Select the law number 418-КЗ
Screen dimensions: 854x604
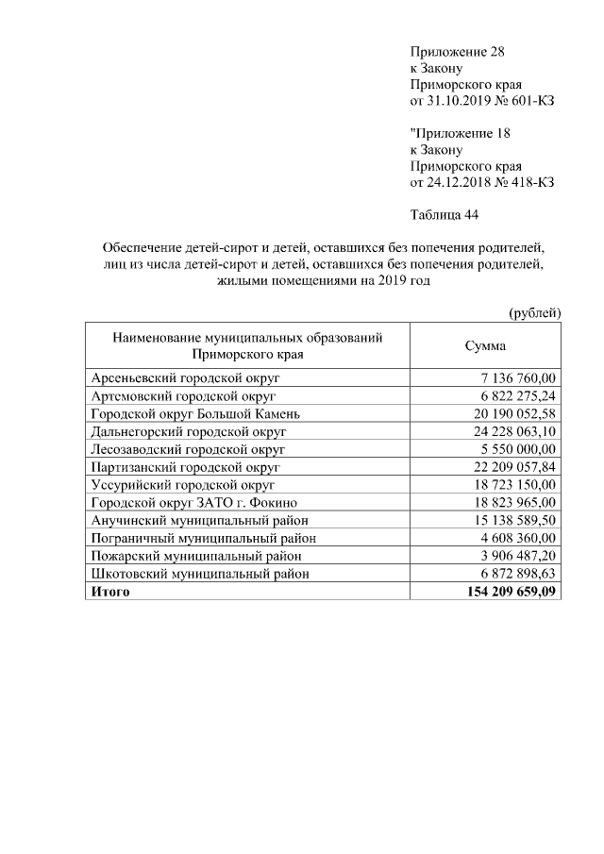pos(529,182)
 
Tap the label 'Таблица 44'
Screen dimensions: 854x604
pos(445,215)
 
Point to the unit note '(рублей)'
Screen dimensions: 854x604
pos(535,312)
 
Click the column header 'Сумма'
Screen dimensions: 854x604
pos(485,346)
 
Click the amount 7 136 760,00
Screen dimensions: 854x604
pos(518,377)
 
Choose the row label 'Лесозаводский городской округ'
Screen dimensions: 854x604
pos(188,449)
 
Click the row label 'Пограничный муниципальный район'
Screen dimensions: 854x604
pos(203,538)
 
